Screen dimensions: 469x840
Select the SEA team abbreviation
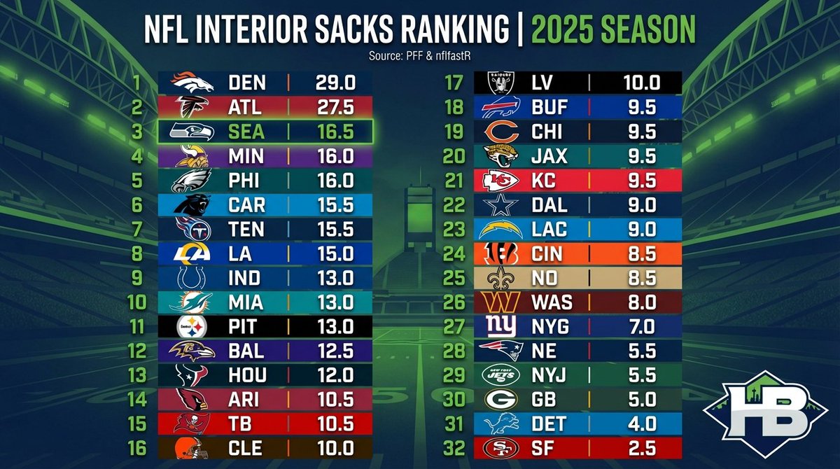pyautogui.click(x=247, y=131)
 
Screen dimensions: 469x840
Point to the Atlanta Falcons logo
pyautogui.click(x=191, y=107)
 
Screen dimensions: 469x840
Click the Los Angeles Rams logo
pyautogui.click(x=191, y=253)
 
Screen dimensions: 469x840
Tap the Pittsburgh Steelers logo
pyautogui.click(x=191, y=325)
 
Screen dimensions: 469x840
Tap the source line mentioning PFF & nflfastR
pyautogui.click(x=419, y=55)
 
